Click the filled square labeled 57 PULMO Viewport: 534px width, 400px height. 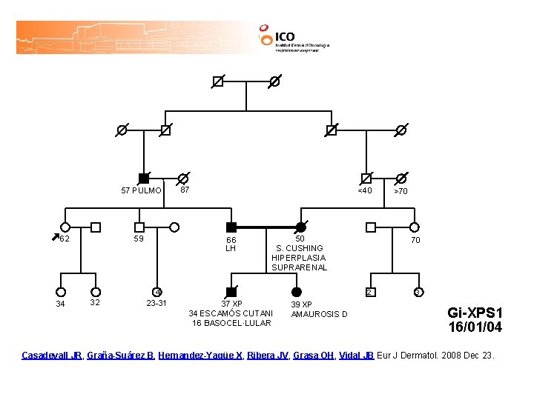pyautogui.click(x=144, y=179)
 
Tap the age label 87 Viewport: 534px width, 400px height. pyautogui.click(x=185, y=190)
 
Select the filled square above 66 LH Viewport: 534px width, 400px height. pyautogui.click(x=231, y=227)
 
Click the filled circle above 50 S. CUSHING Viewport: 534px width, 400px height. pyautogui.click(x=300, y=227)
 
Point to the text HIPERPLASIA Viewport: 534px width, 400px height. pyautogui.click(x=299, y=258)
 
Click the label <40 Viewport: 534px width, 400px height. pyautogui.click(x=365, y=190)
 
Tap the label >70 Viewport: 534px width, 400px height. pyautogui.click(x=400, y=191)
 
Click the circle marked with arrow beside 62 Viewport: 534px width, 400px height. pyautogui.click(x=65, y=227)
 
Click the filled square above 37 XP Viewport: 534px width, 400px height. pyautogui.click(x=231, y=292)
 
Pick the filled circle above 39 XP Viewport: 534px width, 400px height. pyautogui.click(x=297, y=292)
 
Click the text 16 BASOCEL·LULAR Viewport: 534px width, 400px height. pyautogui.click(x=231, y=323)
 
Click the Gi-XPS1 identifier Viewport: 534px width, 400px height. pyautogui.click(x=475, y=313)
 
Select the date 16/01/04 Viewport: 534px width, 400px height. pyautogui.click(x=475, y=327)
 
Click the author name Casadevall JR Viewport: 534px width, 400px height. pyautogui.click(x=51, y=356)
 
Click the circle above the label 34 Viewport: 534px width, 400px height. pyautogui.click(x=61, y=292)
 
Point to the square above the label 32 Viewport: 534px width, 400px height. pyautogui.click(x=95, y=292)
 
